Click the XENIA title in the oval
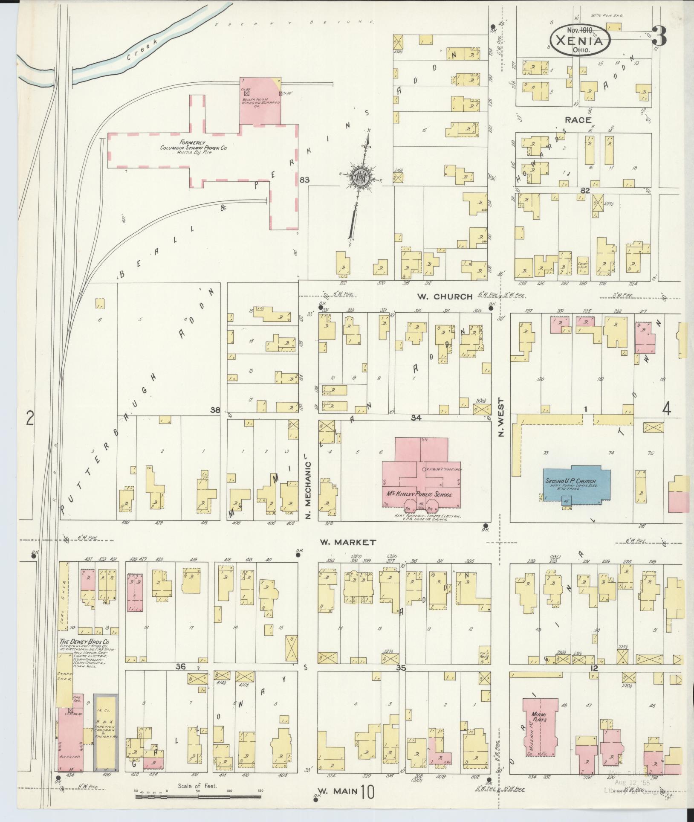(580, 42)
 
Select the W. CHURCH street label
(443, 296)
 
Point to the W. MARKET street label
(348, 542)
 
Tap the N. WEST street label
(501, 418)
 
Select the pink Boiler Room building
(260, 101)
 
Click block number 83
(304, 180)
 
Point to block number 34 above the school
(416, 418)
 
